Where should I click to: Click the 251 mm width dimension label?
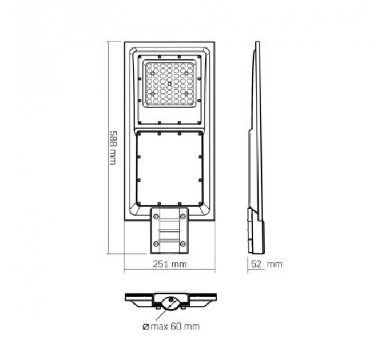tap(170, 265)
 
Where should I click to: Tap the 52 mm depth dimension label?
tap(266, 265)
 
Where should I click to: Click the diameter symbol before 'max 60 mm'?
tap(146, 326)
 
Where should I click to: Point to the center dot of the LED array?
tap(169, 84)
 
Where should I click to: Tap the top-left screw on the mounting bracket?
tap(156, 216)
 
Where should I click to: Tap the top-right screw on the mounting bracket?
tap(182, 216)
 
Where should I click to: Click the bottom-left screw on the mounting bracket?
tap(156, 244)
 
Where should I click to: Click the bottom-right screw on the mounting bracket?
tap(182, 244)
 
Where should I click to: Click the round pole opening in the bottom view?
tap(170, 302)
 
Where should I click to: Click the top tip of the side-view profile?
tap(257, 43)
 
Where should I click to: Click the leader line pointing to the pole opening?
tap(160, 314)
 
